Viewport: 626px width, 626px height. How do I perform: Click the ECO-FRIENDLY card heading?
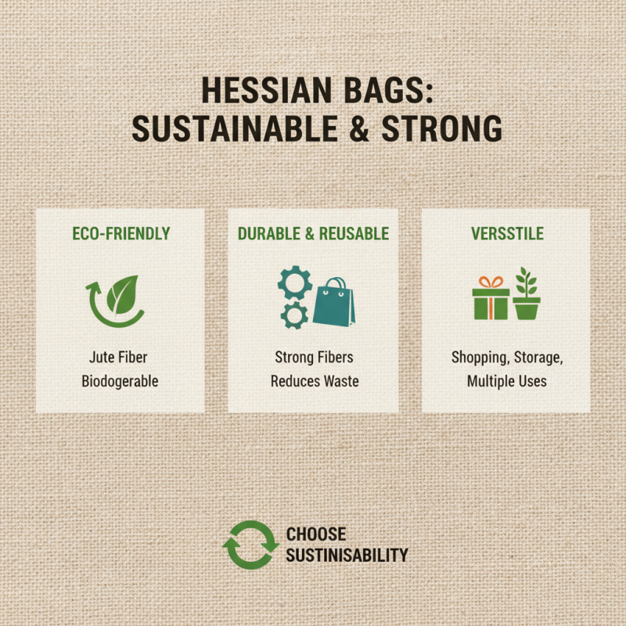point(121,233)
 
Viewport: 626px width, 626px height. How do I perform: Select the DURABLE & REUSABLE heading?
point(313,233)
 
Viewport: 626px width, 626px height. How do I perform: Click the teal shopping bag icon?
point(334,301)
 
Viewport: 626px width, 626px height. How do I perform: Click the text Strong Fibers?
point(313,358)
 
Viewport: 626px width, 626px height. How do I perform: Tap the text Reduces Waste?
point(313,382)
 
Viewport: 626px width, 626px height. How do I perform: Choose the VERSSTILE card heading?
point(506,233)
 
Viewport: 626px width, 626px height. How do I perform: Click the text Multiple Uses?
point(506,382)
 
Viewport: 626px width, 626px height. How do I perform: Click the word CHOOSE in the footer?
point(315,534)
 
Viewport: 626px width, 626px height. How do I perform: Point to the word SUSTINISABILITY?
point(347,555)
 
